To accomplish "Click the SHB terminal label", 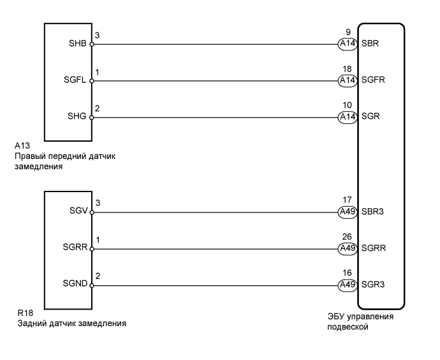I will tap(79, 45).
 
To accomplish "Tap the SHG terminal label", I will tap(79, 117).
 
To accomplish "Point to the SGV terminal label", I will tap(79, 212).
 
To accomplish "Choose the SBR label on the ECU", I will tap(370, 45).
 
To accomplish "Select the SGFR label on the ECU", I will tap(373, 81).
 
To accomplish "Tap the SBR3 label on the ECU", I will tap(373, 212).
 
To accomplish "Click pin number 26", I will tap(347, 236).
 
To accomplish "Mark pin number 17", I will tap(347, 199).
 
